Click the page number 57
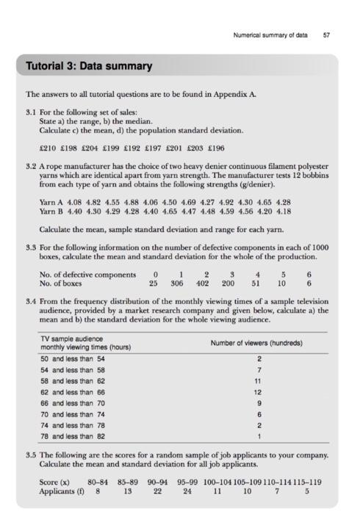[325, 35]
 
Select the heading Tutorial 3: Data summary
[90, 66]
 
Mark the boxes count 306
[176, 283]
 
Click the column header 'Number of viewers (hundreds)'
[256, 343]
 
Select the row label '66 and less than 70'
[72, 402]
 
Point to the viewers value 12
[257, 392]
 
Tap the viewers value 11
[257, 381]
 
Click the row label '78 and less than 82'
[72, 436]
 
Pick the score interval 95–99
[187, 482]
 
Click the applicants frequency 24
[187, 491]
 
